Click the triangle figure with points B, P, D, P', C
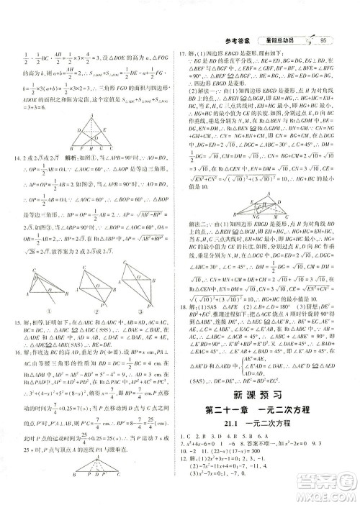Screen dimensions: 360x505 click(89, 481)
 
